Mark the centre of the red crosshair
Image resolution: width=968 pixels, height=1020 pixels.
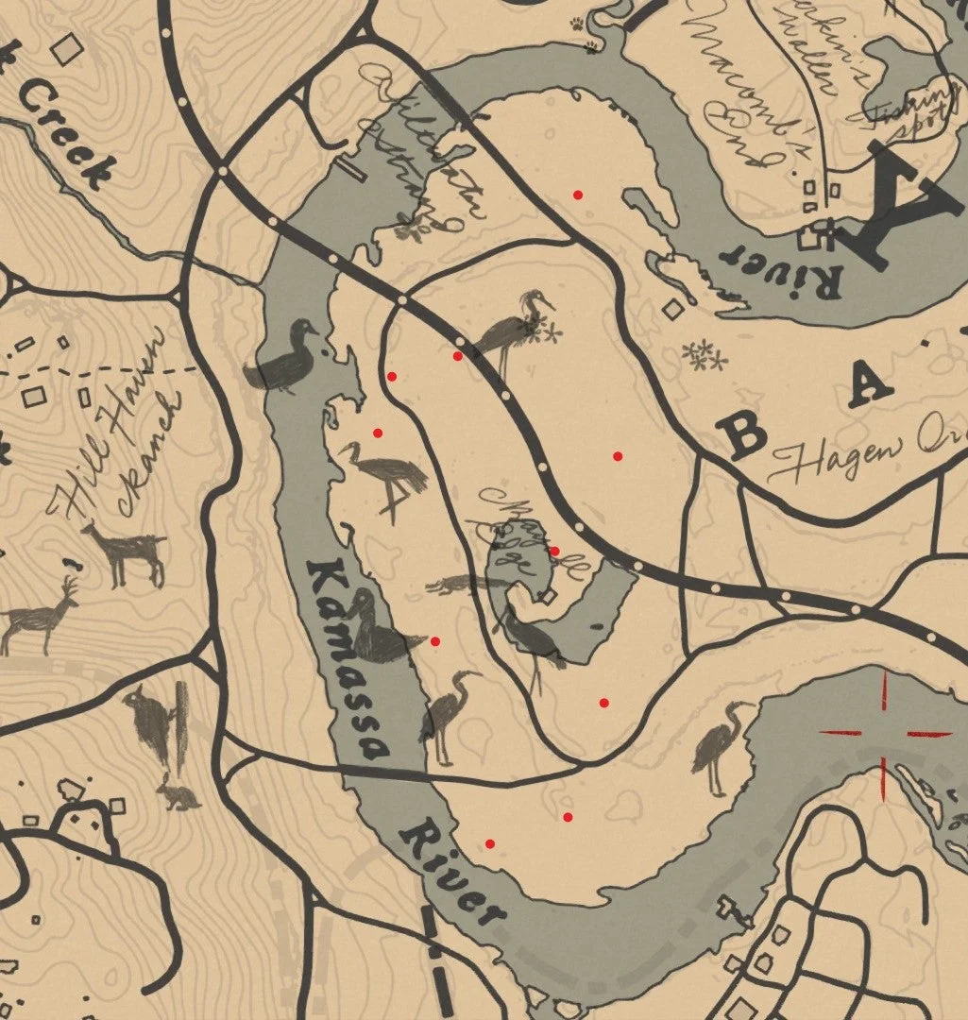coord(886,732)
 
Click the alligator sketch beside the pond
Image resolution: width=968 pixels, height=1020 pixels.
coord(463,586)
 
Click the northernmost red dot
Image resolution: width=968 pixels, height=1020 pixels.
coord(578,195)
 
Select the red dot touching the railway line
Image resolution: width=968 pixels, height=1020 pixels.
coord(458,356)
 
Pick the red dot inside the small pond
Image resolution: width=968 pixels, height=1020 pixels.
coord(554,552)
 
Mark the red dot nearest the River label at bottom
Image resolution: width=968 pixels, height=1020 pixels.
coord(489,843)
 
